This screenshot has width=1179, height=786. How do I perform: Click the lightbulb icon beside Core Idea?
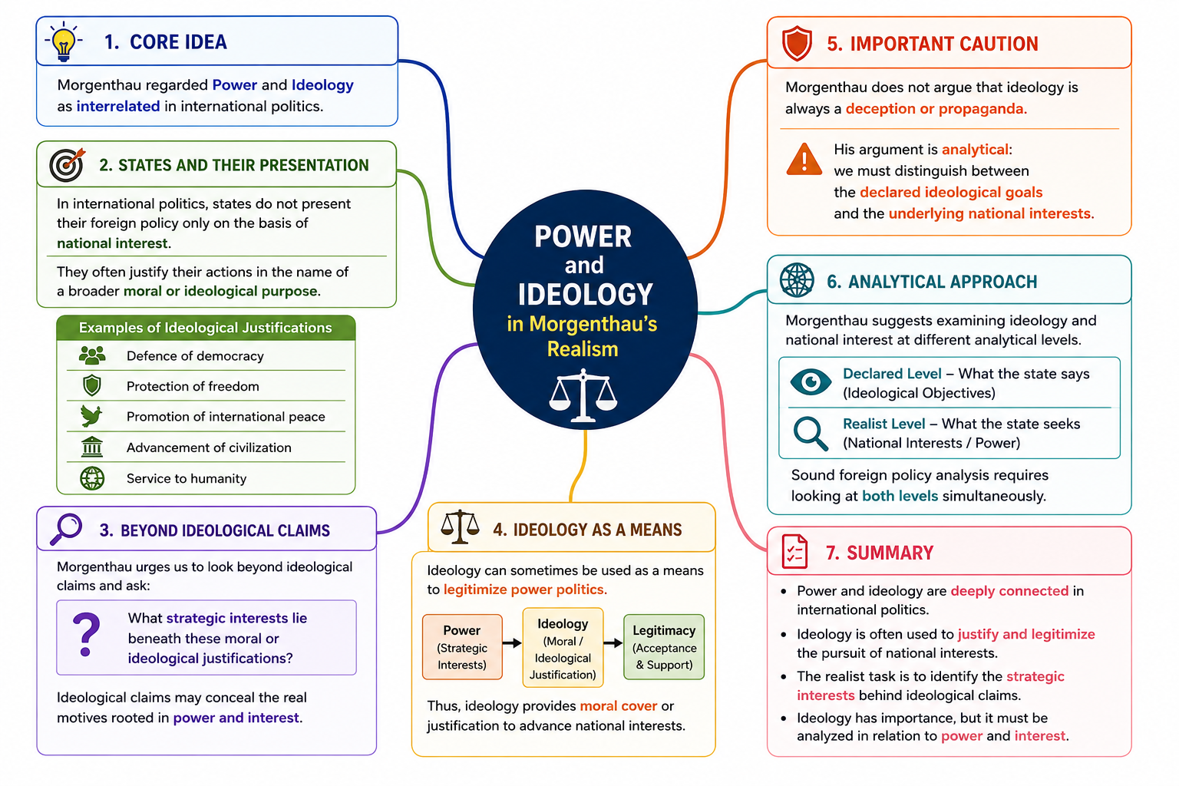point(63,41)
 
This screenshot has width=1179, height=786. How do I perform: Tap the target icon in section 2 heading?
point(67,164)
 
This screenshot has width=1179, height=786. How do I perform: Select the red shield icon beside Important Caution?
point(796,43)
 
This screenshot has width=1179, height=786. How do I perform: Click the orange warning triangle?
point(804,159)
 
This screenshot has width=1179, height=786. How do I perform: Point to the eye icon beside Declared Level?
point(811,381)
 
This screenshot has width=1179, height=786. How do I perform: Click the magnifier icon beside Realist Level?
point(811,433)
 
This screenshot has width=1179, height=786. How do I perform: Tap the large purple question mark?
point(86,634)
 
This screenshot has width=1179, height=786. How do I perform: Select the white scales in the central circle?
point(583,395)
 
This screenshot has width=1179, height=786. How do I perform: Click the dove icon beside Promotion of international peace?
point(91,416)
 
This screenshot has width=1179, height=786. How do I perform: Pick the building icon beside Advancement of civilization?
point(92,447)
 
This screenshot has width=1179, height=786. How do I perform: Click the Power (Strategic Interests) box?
point(462,646)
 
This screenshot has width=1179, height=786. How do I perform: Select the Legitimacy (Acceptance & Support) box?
point(664,646)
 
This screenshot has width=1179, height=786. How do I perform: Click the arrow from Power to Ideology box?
point(512,642)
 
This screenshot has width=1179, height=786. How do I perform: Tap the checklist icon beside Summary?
point(794,551)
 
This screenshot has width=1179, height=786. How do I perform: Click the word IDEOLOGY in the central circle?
point(586,294)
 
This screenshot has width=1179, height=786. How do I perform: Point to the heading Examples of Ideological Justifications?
point(205,328)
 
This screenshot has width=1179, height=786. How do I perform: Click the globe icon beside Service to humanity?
point(92,478)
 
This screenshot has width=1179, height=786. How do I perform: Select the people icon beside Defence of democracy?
point(92,355)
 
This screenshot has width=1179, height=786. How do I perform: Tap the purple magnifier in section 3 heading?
point(66,529)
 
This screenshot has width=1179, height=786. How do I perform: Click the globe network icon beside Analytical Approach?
point(797,280)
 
